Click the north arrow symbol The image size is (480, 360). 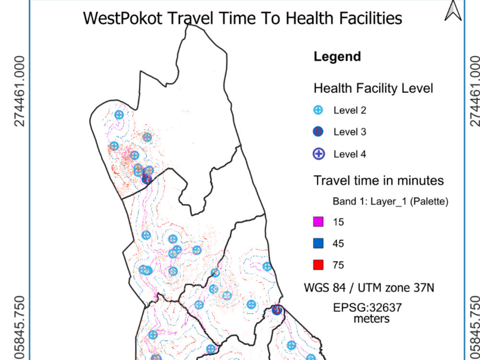coord(453,11)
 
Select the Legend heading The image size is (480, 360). coord(337,57)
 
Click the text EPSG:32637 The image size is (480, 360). coord(367,307)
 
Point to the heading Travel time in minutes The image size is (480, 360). coord(378,180)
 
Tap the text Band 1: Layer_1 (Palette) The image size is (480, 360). coord(390,202)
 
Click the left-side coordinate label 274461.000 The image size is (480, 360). coord(19,91)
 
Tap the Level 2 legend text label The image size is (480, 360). coord(349,110)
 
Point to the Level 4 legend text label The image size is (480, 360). coord(349,154)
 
